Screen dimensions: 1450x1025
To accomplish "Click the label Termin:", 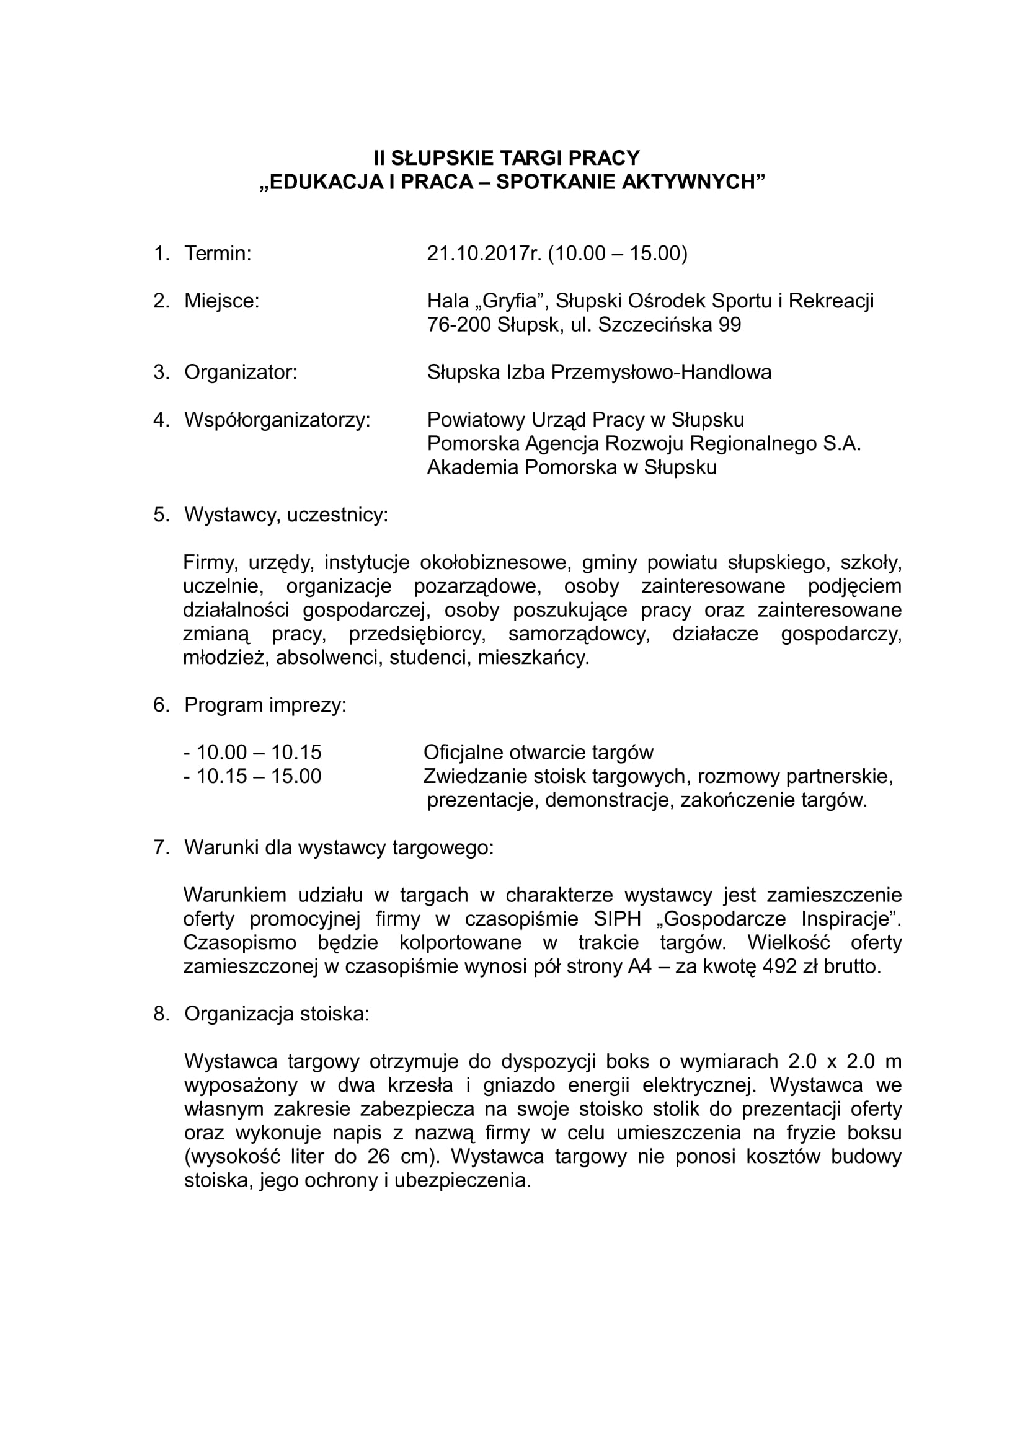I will [x=218, y=254].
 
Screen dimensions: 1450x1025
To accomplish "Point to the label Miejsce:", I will [x=221, y=301].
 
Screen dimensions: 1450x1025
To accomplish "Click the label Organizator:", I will [x=241, y=372].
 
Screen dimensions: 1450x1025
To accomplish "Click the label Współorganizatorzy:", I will [x=277, y=419].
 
